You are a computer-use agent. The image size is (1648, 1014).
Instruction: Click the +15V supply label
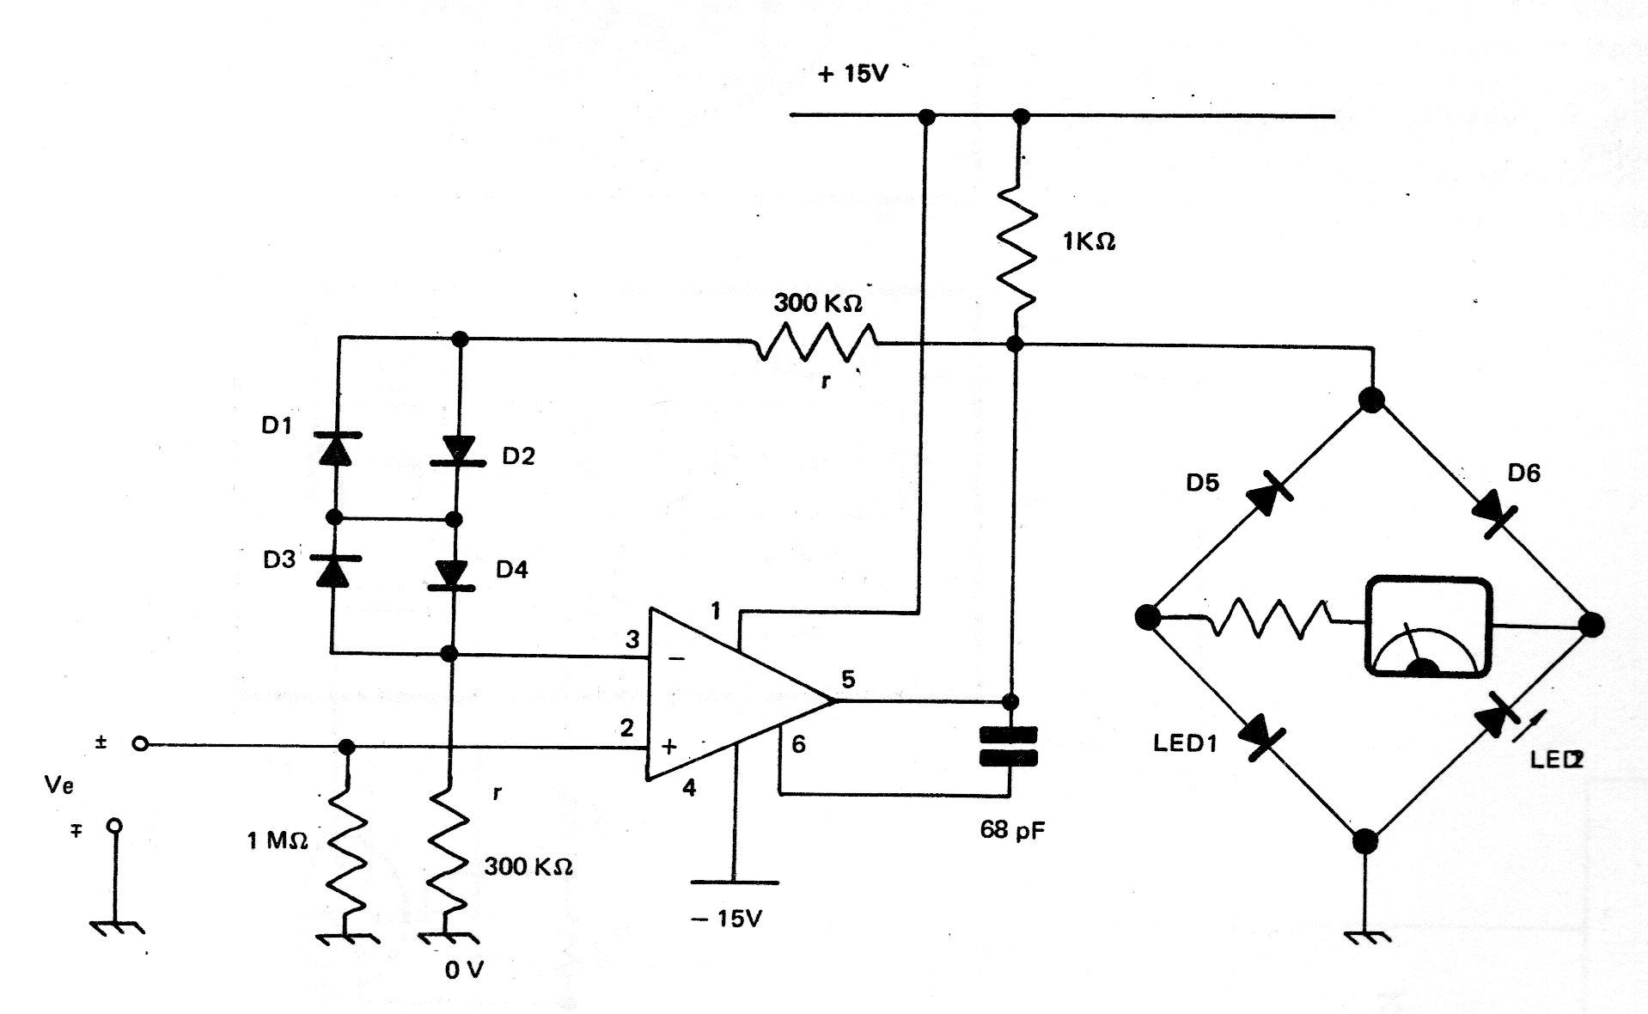852,74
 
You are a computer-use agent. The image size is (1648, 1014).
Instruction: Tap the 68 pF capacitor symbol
1009,746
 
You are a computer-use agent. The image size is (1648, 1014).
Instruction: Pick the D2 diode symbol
457,451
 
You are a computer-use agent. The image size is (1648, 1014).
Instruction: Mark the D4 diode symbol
451,574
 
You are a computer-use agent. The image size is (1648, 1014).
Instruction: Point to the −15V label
727,919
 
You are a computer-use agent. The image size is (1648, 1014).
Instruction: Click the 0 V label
465,970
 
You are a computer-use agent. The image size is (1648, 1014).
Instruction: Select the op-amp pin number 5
848,679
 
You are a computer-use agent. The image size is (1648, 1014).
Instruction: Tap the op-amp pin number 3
632,638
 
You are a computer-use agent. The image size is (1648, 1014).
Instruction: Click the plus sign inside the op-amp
669,746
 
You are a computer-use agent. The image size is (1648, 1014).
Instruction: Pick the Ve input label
58,785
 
